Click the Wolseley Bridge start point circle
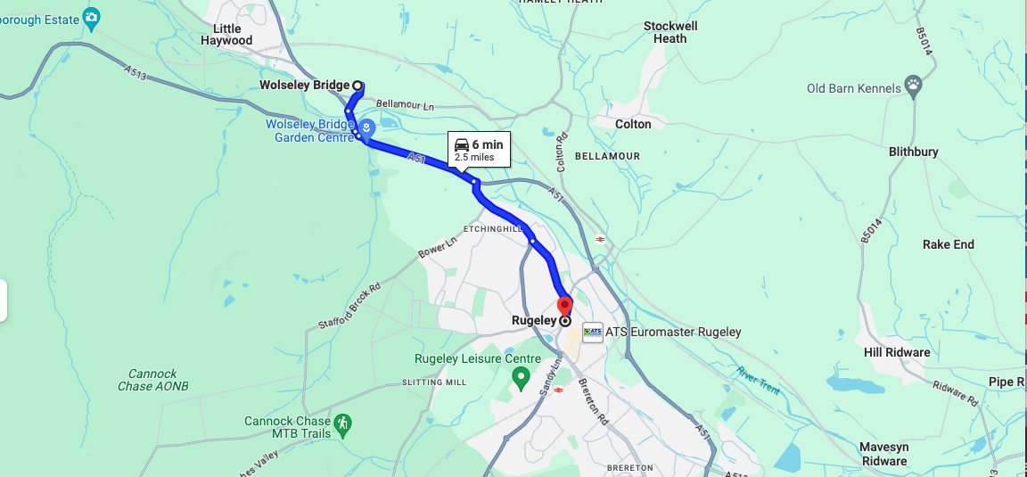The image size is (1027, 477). click(357, 86)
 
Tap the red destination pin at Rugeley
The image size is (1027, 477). click(564, 306)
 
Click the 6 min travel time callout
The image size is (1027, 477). click(478, 149)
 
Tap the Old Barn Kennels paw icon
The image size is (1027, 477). click(913, 87)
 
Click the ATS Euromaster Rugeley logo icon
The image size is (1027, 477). click(592, 332)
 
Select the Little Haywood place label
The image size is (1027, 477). click(226, 35)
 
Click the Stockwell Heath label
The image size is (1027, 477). click(670, 32)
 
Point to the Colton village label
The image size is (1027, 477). click(633, 124)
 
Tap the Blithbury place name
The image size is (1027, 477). click(913, 152)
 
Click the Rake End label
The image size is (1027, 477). click(948, 244)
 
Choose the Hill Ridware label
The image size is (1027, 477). click(897, 352)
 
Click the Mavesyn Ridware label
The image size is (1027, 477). click(883, 454)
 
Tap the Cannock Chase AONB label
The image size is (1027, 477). click(152, 380)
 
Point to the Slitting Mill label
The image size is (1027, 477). click(434, 382)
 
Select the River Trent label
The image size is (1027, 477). click(760, 380)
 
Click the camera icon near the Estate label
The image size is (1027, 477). click(91, 16)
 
